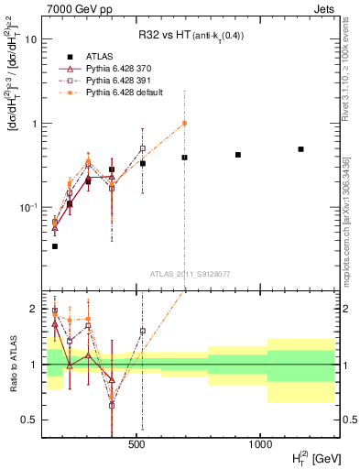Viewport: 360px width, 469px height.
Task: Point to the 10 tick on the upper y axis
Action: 32,39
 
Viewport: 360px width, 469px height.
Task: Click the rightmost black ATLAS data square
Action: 300,149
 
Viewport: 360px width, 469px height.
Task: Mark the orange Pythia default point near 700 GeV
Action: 184,123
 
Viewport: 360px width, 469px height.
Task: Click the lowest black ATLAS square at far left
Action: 55,246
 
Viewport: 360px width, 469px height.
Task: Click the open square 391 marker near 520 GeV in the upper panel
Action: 143,148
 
